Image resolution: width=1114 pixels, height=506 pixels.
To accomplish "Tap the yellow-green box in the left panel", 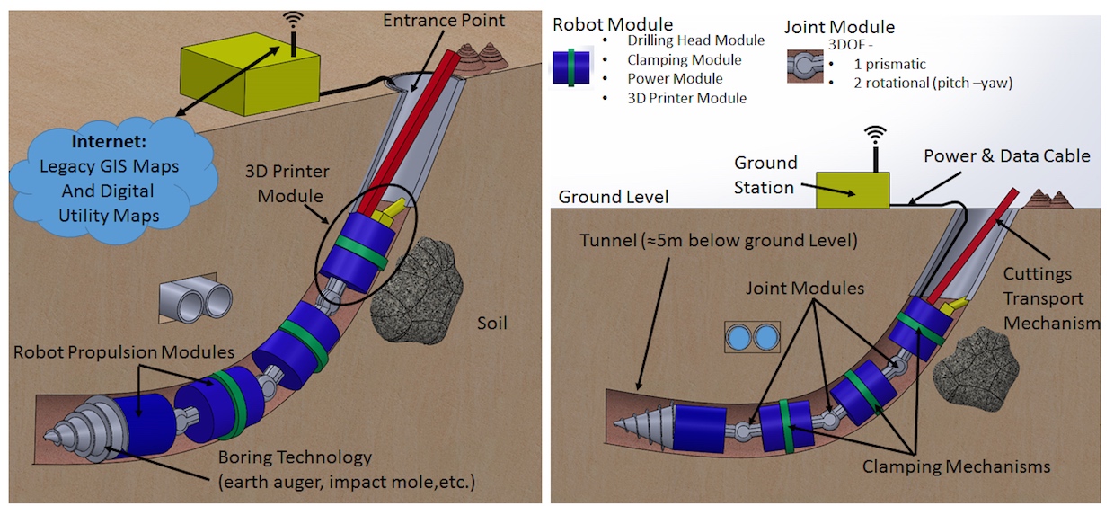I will click(251, 76).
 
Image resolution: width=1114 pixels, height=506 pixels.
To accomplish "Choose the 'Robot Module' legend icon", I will click(570, 67).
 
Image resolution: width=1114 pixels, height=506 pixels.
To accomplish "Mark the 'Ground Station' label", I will click(765, 175).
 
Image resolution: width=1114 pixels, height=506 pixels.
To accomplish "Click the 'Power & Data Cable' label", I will click(1006, 156).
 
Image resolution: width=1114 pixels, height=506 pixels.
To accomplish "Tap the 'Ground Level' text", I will click(613, 197).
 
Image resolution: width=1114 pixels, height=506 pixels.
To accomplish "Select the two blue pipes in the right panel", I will click(753, 338).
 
